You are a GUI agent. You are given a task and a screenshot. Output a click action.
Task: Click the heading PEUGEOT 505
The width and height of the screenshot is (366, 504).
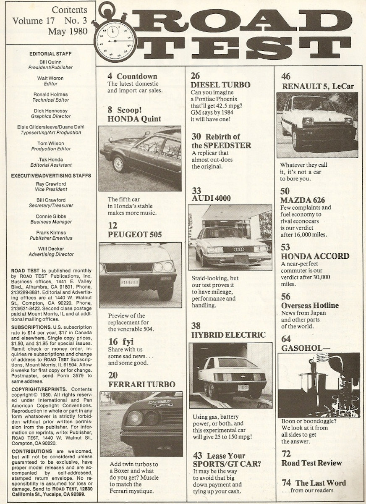(x=135, y=234)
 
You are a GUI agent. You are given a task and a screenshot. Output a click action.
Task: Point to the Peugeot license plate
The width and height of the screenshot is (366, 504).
(x=130, y=282)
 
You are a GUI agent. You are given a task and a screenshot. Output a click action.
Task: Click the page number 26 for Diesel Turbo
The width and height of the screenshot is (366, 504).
(x=195, y=76)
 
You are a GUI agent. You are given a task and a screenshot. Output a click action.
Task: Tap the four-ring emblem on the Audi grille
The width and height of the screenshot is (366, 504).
(x=238, y=249)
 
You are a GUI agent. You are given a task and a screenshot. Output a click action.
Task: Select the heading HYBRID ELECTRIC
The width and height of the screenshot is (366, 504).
(x=229, y=335)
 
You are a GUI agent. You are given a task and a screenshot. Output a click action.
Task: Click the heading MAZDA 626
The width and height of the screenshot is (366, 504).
(x=303, y=200)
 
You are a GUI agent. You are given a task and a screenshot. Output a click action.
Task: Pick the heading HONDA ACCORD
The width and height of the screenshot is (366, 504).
(x=315, y=256)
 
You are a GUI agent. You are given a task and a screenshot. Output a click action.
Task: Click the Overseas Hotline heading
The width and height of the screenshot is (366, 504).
(x=310, y=305)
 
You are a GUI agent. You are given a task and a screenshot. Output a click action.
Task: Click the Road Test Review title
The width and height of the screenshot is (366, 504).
(x=311, y=463)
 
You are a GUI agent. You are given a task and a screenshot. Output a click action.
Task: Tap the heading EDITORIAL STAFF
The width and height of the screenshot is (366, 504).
(x=50, y=54)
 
